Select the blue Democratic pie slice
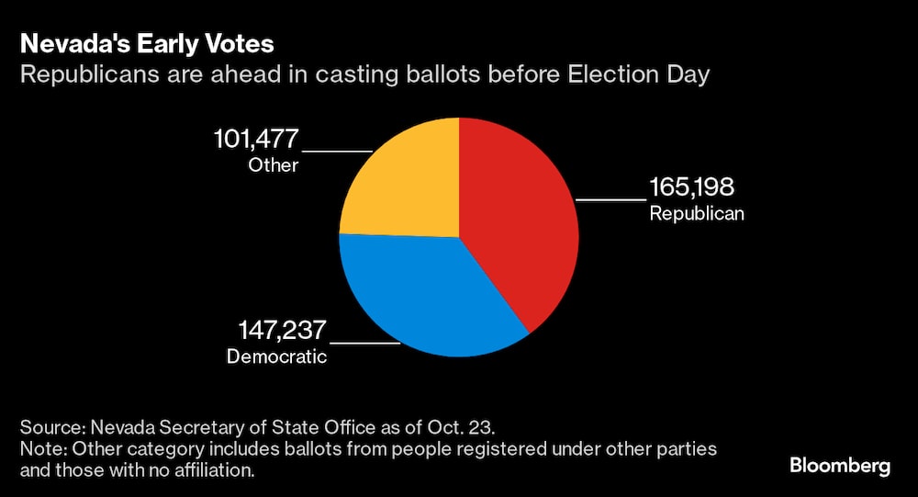[x=422, y=294]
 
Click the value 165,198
[x=692, y=188]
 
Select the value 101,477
[x=256, y=140]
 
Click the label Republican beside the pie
[x=696, y=214]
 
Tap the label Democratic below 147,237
[x=276, y=356]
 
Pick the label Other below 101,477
[x=273, y=165]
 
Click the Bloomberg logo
[x=840, y=466]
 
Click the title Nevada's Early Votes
[x=146, y=44]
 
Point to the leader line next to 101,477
[x=337, y=151]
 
